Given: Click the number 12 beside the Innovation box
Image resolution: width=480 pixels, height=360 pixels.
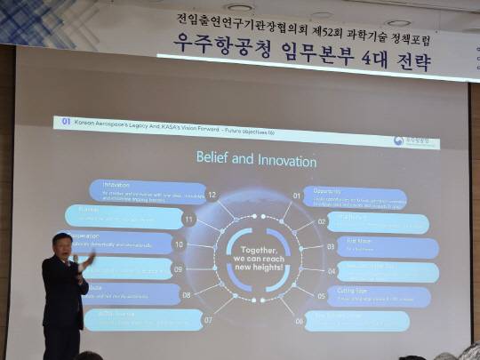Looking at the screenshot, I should point(212,194).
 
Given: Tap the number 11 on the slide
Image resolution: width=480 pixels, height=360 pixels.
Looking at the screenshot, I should point(188,219).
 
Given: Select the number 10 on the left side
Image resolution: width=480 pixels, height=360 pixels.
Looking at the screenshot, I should point(179,244).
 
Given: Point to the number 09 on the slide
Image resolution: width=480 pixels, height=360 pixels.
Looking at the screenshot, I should point(178,269).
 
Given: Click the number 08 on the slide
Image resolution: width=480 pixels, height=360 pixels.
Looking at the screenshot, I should point(187,294).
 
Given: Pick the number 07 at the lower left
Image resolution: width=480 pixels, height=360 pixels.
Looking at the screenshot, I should point(208,319).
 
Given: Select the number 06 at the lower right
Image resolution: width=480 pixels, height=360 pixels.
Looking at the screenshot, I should point(300,320).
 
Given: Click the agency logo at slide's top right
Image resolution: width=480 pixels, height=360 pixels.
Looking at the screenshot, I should point(415,140).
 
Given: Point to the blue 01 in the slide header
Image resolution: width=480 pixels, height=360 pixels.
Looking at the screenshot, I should point(65,121).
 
